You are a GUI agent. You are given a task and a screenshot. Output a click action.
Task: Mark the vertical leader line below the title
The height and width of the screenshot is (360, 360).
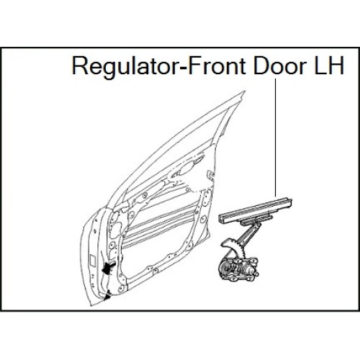(x=276, y=138)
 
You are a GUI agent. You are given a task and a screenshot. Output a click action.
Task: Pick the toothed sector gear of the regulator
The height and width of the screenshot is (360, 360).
(x=232, y=246)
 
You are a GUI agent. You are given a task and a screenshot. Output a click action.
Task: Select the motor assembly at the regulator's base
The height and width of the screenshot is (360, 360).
(x=238, y=269)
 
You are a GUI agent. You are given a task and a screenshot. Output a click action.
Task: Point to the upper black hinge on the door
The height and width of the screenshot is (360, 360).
(x=109, y=267)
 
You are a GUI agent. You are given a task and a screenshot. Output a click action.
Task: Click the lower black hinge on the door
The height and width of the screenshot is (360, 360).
(x=107, y=295)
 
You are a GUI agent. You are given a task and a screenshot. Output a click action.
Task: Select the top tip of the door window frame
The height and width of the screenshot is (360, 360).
(x=244, y=91)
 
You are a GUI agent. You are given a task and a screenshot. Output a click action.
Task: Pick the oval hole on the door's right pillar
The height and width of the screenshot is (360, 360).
(x=203, y=219)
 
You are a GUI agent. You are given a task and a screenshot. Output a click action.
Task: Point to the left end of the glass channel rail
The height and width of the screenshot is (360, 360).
(x=220, y=217)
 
